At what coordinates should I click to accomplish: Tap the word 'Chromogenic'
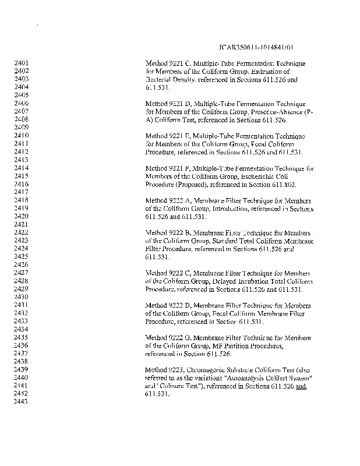tap(208, 370)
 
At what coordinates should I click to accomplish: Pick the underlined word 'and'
tap(301, 386)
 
